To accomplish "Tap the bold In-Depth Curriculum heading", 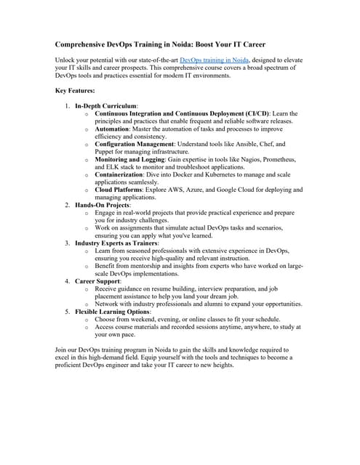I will point(106,107).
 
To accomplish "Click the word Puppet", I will point(106,152).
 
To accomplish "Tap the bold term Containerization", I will point(121,174).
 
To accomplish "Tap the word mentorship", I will point(141,265).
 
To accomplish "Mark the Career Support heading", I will point(98,280).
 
